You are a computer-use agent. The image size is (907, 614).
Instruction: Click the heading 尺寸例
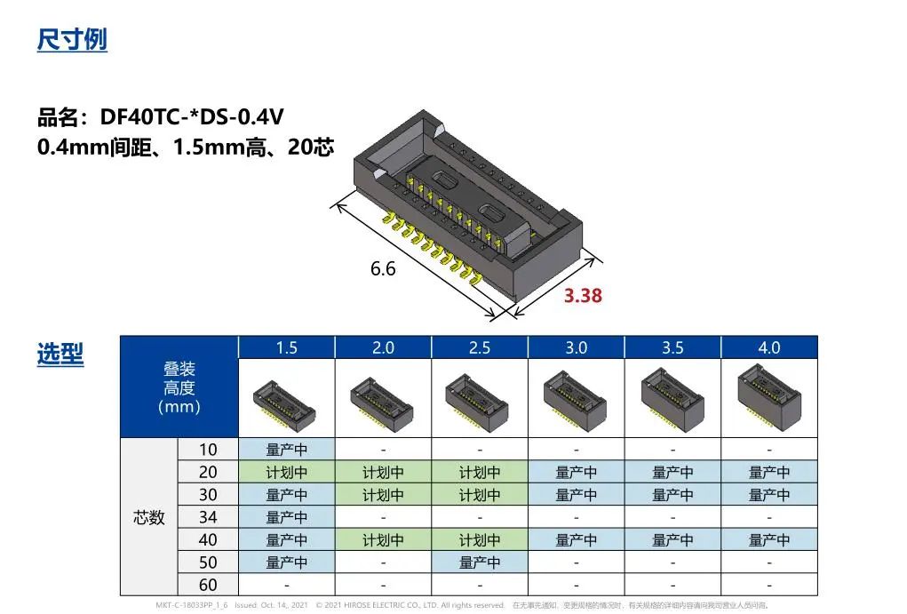72,40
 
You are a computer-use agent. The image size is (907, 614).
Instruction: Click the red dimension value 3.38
583,296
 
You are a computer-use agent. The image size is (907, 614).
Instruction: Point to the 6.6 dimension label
383,268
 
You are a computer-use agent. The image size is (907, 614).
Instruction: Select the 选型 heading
60,355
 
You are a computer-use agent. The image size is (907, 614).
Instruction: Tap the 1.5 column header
287,347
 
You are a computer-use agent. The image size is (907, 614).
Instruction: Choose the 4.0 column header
768,347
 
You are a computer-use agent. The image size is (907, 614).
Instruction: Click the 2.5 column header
480,347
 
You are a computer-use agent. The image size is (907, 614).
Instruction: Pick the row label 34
208,517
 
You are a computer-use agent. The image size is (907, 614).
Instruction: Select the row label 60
208,585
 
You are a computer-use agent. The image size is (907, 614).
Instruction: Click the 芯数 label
149,517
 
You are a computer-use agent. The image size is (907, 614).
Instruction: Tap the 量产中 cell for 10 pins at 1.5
287,450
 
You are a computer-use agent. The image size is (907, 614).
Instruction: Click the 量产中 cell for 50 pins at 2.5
480,562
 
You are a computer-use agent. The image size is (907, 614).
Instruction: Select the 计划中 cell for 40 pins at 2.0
383,540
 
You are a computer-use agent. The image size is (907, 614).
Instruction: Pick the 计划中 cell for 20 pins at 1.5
287,473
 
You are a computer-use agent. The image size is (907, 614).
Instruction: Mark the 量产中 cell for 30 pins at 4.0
768,495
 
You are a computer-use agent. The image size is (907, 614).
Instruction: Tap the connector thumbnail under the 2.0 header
383,397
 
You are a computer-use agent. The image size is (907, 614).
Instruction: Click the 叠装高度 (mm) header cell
179,387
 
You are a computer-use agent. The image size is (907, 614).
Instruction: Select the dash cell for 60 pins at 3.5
672,585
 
